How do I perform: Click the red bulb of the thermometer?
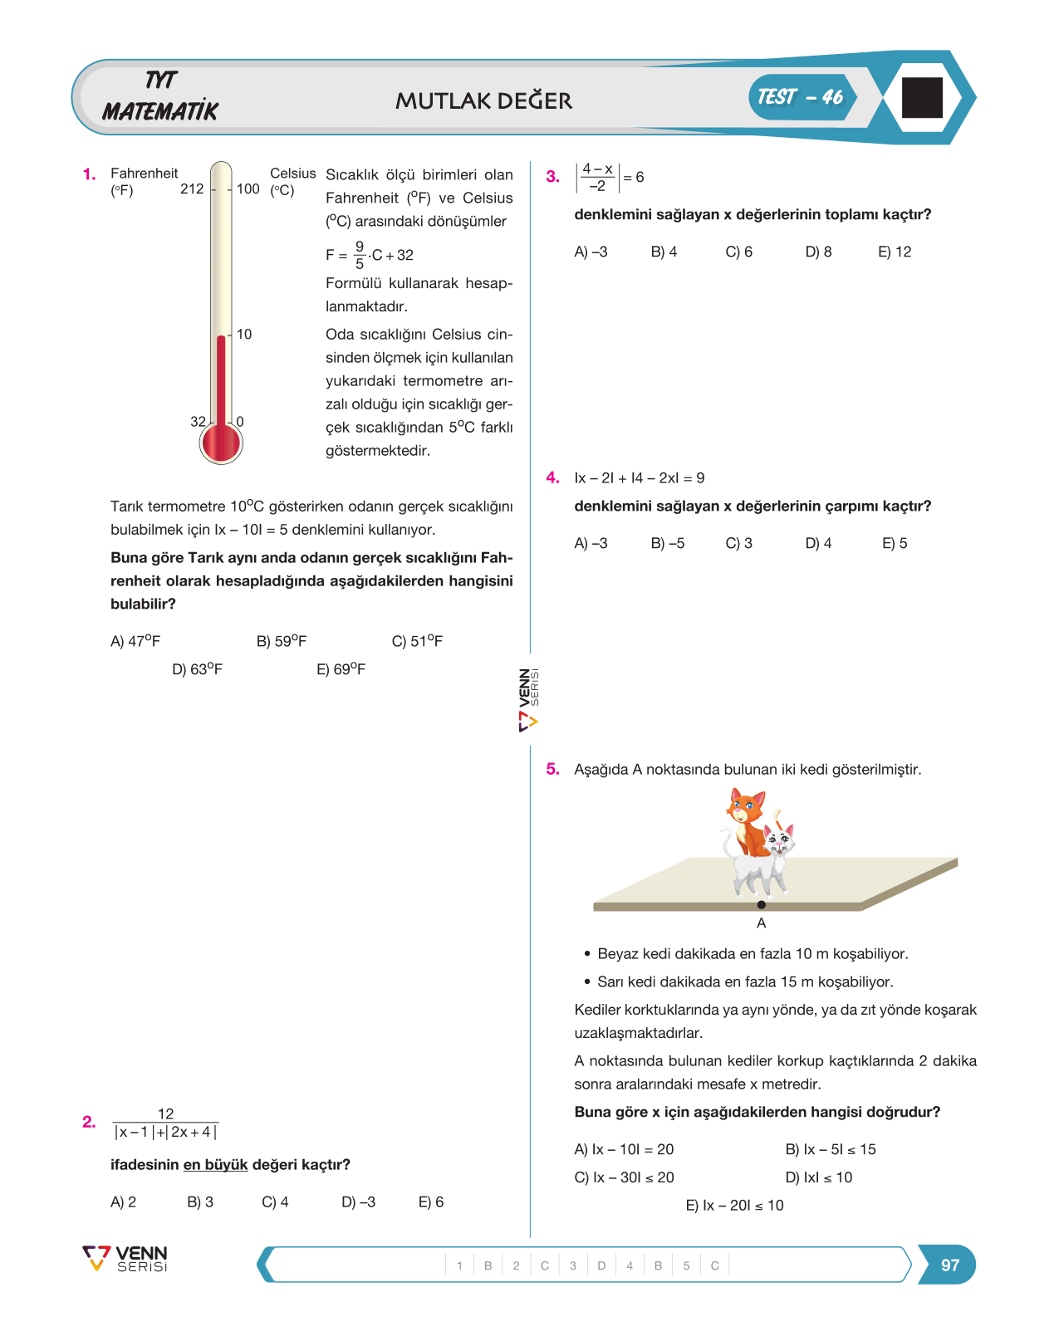221,443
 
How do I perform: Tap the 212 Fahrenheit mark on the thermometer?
192,188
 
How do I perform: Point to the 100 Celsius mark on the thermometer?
248,188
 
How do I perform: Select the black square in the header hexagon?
923,98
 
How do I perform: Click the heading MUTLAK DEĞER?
483,101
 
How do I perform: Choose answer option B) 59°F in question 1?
282,641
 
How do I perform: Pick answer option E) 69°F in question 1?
341,669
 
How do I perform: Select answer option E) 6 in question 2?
431,1202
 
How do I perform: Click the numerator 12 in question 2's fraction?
166,1113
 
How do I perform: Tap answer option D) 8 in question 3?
818,252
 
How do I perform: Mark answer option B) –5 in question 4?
668,543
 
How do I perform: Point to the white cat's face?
779,840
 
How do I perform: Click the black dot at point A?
761,905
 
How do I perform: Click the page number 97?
950,1265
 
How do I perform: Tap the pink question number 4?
552,477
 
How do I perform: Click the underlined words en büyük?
216,1165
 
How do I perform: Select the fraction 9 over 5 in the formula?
360,255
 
